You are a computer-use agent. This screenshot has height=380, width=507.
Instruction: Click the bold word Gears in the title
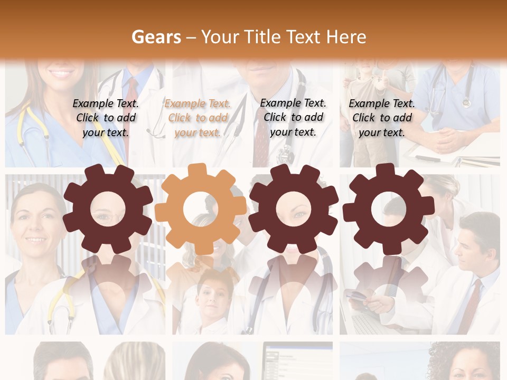point(156,37)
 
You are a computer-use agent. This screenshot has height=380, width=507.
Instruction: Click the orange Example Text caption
point(198,118)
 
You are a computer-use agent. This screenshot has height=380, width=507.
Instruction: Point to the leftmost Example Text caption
point(106,118)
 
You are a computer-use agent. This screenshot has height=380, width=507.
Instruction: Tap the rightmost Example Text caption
point(382,118)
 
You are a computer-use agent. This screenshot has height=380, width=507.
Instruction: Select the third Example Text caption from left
point(293,117)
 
